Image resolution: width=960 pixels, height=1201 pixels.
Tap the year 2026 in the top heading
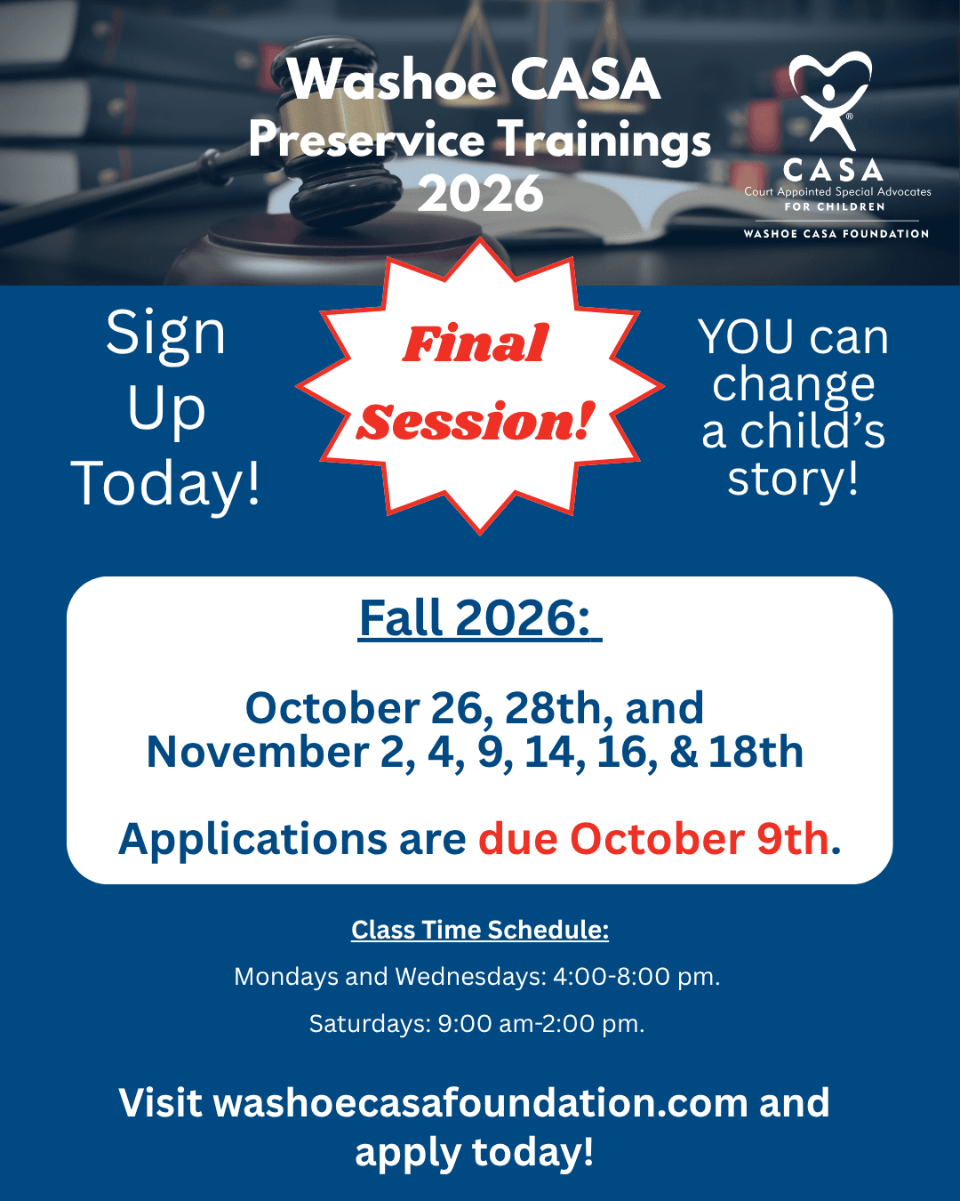(x=480, y=194)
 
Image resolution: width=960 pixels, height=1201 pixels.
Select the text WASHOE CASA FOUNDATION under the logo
(x=836, y=234)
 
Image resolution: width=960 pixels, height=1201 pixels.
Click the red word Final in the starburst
(x=476, y=343)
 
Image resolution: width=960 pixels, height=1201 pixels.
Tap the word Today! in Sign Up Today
(x=165, y=485)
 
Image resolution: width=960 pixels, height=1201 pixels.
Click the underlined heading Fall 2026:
(x=480, y=618)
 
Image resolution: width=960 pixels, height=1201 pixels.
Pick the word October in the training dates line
(x=332, y=708)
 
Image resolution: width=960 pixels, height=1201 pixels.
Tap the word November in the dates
(x=258, y=752)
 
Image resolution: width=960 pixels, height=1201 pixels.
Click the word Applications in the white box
(x=252, y=840)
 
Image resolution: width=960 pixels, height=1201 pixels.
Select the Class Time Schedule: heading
(x=480, y=931)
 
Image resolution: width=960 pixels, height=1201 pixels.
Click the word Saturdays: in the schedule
(x=371, y=1024)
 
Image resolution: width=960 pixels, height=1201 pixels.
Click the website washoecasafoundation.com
(x=481, y=1103)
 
